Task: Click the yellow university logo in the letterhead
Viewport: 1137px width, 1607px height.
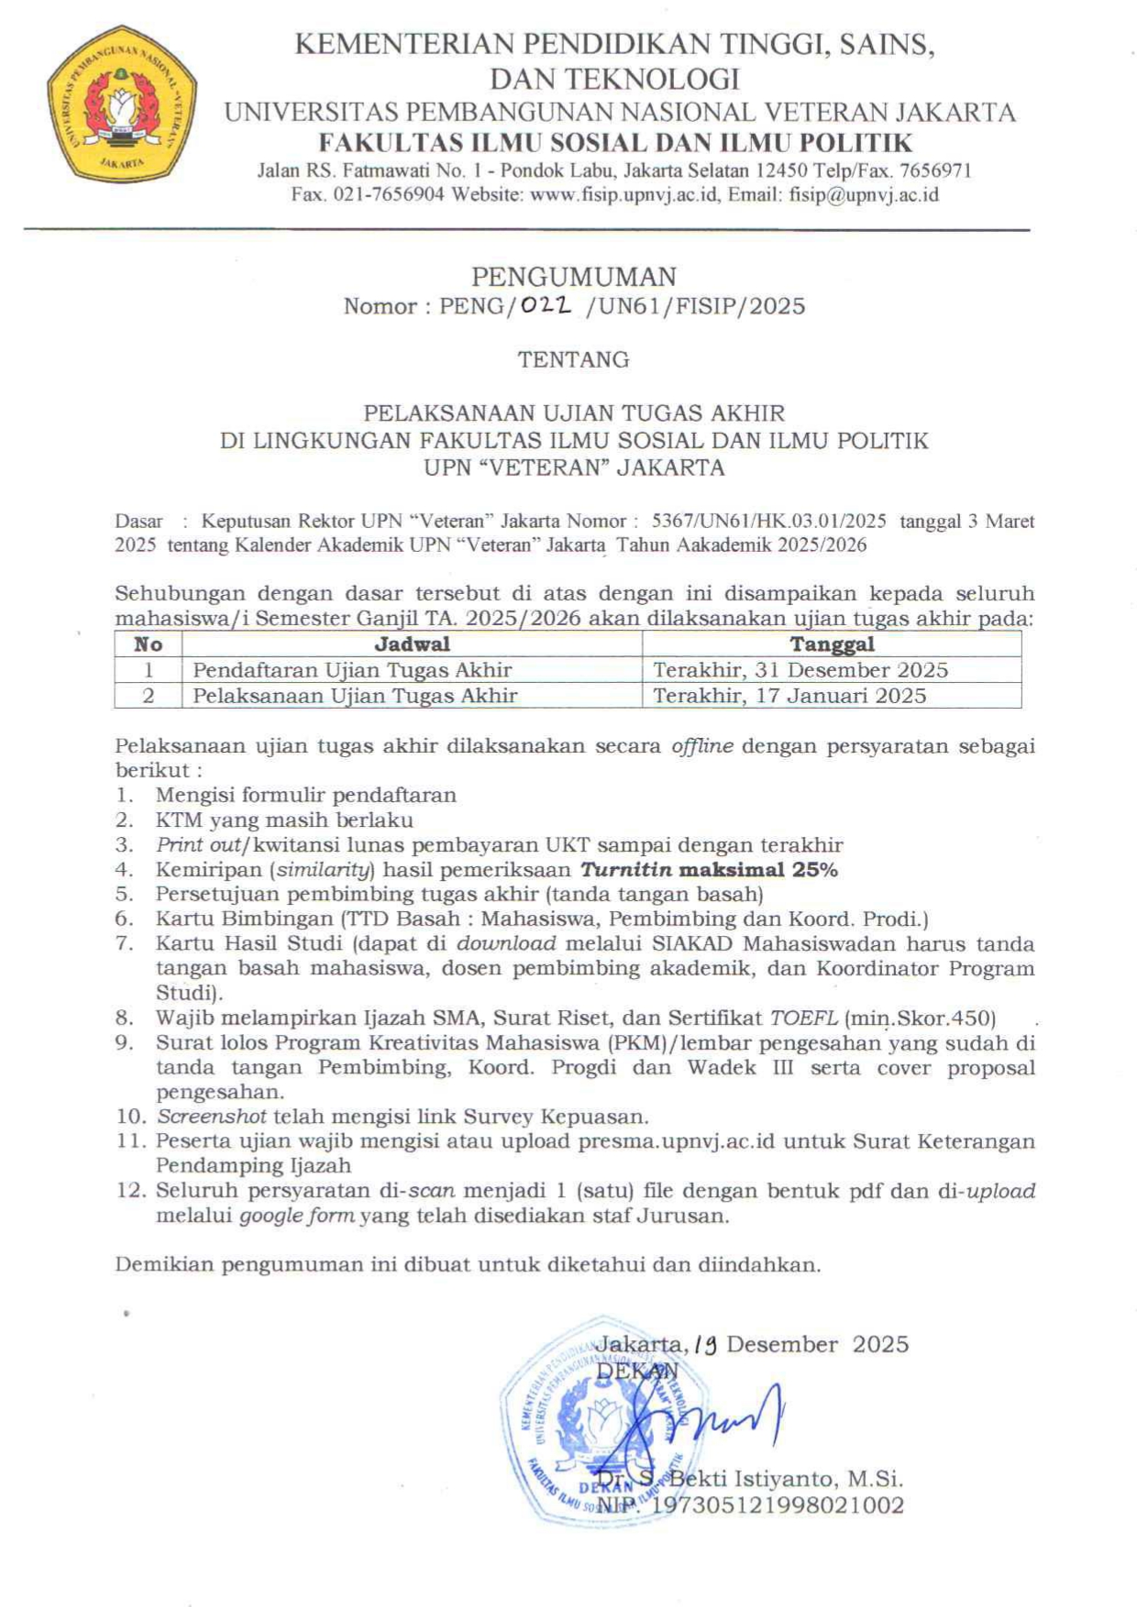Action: [x=121, y=104]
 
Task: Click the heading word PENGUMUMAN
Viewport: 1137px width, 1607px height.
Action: [x=573, y=276]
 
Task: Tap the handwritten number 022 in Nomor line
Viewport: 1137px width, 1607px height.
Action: [x=546, y=306]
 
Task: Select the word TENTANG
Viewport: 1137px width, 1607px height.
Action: [x=573, y=359]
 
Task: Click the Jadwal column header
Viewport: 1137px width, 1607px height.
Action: [x=412, y=644]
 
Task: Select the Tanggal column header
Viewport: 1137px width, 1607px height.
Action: [x=832, y=644]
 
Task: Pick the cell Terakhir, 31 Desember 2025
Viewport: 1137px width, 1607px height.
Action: [x=800, y=669]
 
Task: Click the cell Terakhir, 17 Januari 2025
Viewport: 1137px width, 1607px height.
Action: [x=789, y=695]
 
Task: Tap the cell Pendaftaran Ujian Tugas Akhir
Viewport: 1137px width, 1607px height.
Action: [x=352, y=669]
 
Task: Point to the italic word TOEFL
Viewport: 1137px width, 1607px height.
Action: [x=803, y=1018]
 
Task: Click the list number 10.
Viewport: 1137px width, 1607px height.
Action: [x=131, y=1117]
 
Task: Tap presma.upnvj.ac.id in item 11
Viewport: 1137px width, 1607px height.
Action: [x=676, y=1141]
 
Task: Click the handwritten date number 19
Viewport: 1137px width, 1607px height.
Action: [x=706, y=1345]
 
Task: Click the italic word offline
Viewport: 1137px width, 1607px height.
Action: [x=702, y=746]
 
